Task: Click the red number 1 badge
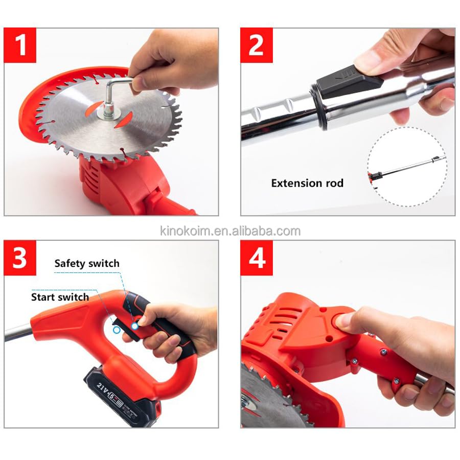pyautogui.click(x=20, y=45)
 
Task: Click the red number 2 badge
pyautogui.click(x=257, y=45)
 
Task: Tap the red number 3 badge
pyautogui.click(x=20, y=258)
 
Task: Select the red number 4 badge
pyautogui.click(x=257, y=258)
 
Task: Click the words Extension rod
pyautogui.click(x=307, y=183)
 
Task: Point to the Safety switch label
pyautogui.click(x=87, y=264)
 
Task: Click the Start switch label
pyautogui.click(x=60, y=297)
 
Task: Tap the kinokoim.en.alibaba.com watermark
pyautogui.click(x=229, y=231)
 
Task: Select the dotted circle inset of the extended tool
pyautogui.click(x=406, y=166)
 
